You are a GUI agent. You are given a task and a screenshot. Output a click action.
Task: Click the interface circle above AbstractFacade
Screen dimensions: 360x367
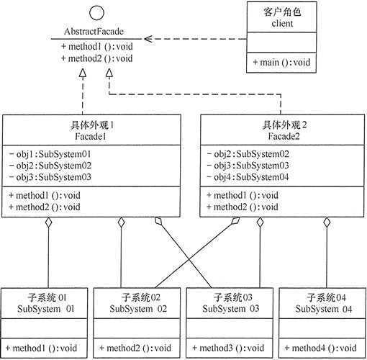coord(95,14)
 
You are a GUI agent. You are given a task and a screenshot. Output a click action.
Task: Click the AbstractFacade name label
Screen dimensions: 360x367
coord(95,33)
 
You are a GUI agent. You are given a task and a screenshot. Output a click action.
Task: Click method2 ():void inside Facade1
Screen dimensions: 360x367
coord(46,207)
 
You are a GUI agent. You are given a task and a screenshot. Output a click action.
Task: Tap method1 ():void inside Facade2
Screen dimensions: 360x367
coord(244,195)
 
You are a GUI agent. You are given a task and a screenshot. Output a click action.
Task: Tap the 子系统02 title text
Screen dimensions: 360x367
coord(137,297)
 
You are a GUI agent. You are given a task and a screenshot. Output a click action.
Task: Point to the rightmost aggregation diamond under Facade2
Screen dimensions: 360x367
coord(326,225)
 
